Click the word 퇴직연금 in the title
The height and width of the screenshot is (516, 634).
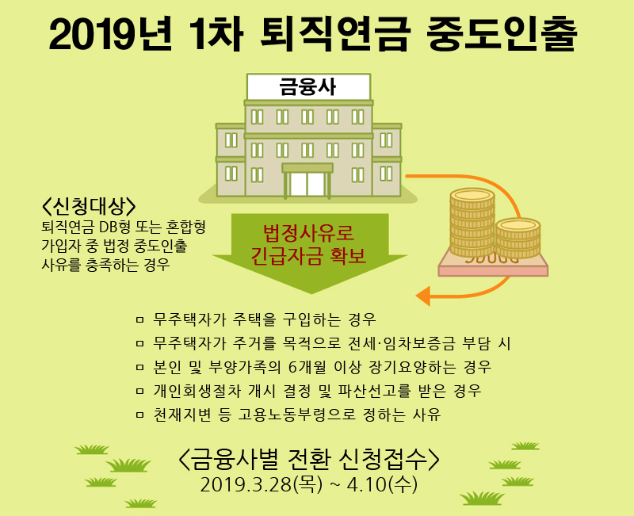click(x=335, y=34)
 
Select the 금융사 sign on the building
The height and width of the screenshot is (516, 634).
click(x=308, y=86)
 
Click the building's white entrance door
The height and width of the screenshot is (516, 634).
click(x=307, y=184)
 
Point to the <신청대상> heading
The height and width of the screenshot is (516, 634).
click(x=89, y=207)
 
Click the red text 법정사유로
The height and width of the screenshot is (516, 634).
click(x=308, y=232)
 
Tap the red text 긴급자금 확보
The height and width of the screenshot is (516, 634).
click(x=308, y=255)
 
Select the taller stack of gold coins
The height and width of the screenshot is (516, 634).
click(x=472, y=223)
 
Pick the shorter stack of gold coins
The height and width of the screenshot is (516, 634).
click(x=518, y=238)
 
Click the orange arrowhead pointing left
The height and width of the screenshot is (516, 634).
click(x=423, y=296)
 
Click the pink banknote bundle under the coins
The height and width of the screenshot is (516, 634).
click(x=493, y=265)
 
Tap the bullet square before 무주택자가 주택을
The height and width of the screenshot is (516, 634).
click(x=140, y=320)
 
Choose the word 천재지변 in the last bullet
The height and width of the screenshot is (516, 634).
click(x=182, y=415)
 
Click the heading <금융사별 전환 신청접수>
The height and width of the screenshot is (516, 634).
click(x=308, y=460)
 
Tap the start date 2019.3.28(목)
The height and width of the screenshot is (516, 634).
click(x=262, y=484)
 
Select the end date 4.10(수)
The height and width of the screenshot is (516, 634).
click(x=382, y=484)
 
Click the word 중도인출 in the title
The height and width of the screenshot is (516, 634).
click(x=502, y=34)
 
